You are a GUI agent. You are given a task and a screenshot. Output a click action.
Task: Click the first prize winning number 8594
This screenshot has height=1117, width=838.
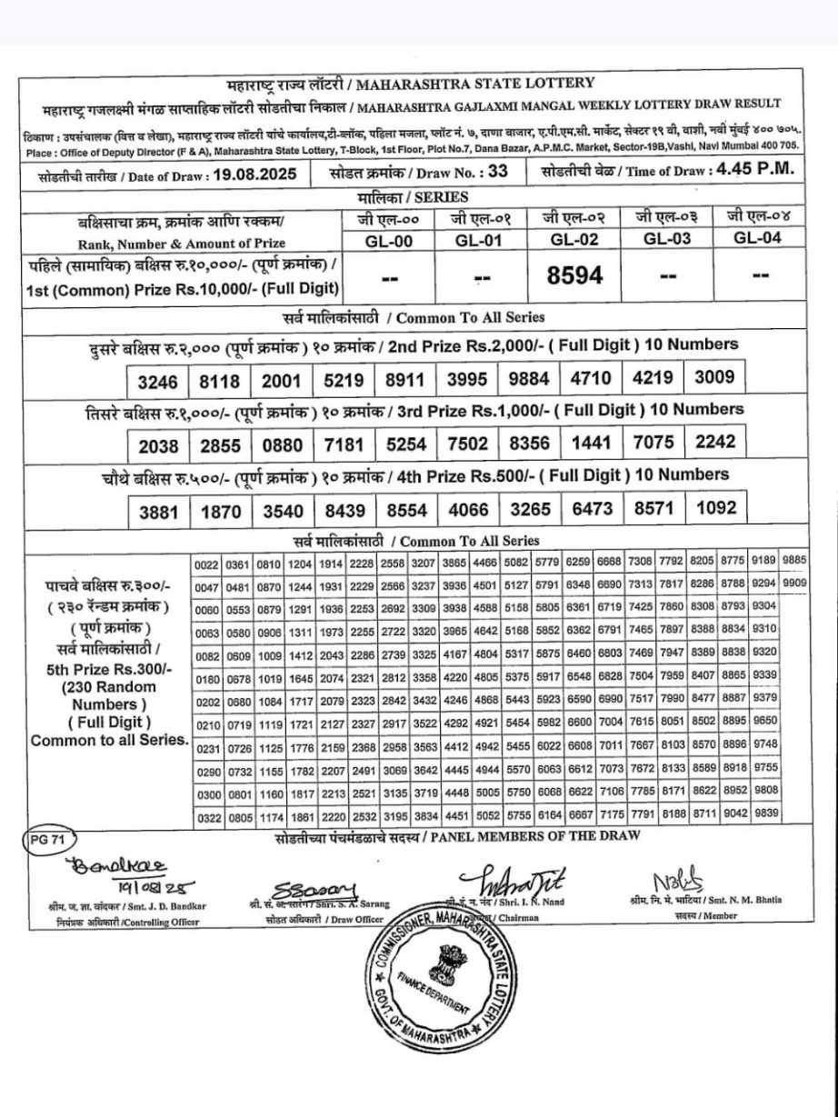[574, 275]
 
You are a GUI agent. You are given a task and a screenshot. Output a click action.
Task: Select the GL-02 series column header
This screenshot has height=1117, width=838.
[574, 238]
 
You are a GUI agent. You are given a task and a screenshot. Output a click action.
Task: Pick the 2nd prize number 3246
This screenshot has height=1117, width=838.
[158, 380]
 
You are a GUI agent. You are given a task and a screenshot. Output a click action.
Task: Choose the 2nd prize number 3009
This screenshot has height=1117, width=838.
[713, 375]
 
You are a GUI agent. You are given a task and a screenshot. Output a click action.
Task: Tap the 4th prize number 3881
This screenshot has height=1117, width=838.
[159, 512]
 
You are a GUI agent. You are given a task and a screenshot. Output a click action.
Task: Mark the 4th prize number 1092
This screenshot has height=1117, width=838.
[713, 507]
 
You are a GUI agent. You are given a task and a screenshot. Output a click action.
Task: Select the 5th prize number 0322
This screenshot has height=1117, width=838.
[207, 818]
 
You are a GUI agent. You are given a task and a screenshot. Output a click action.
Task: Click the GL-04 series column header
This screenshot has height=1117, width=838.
[757, 238]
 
